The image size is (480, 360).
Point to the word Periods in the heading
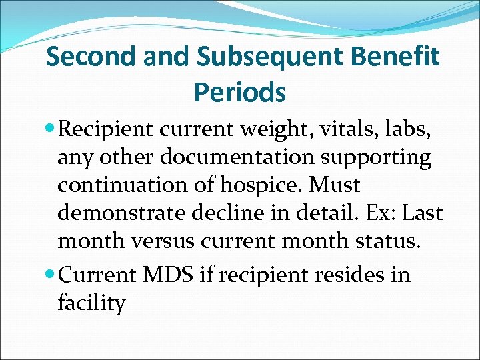tap(240, 92)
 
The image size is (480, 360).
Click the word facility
tap(91, 304)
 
